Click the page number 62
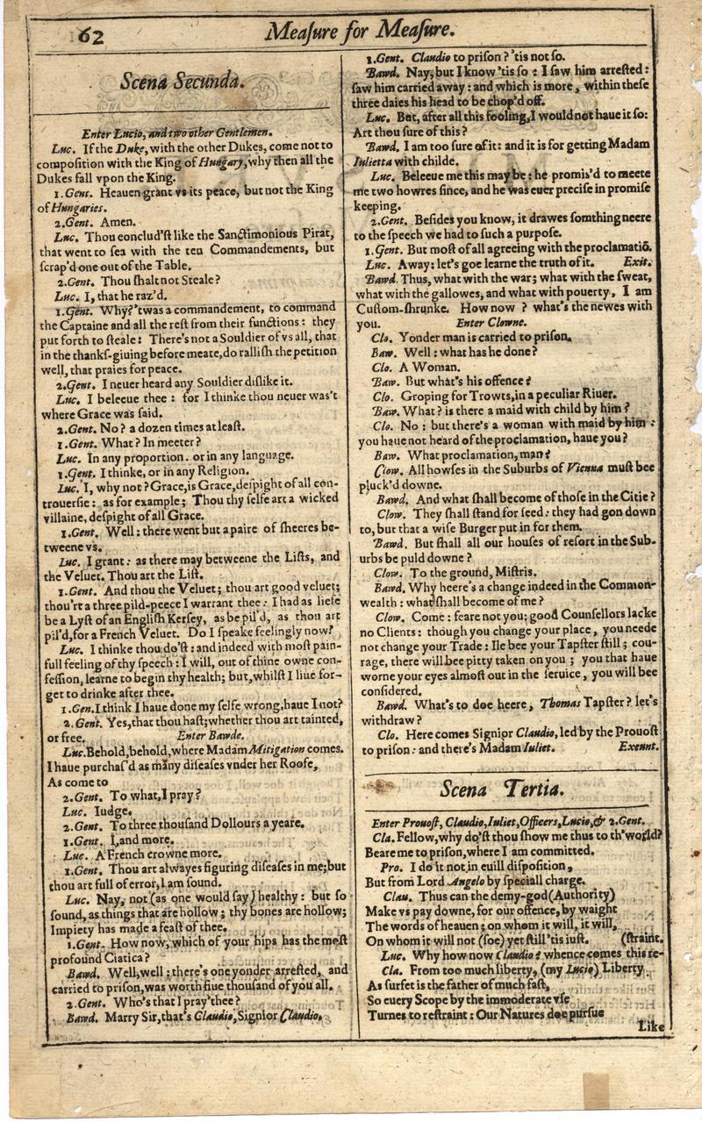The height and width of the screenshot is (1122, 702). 91,35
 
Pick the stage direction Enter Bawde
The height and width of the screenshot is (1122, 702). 204,735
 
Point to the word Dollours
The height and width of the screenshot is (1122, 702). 219,825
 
